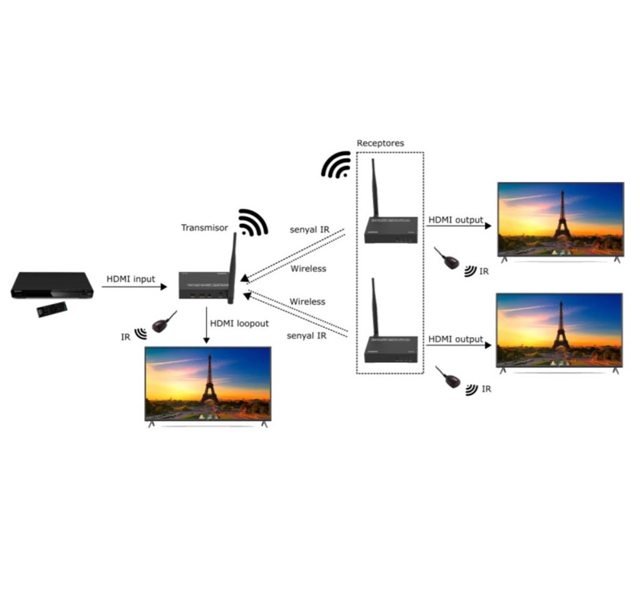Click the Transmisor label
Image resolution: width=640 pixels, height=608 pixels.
tap(204, 228)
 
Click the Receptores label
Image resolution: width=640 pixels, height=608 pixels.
tap(381, 143)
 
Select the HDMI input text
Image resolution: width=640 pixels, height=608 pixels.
tap(131, 279)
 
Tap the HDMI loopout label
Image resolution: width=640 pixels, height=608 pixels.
tap(239, 323)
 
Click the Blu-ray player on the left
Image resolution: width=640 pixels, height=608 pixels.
tap(52, 285)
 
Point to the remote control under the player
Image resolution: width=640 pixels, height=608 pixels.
tap(52, 309)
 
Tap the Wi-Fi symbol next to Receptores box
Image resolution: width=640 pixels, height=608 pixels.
tap(336, 165)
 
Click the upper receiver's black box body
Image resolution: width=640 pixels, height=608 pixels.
tap(391, 230)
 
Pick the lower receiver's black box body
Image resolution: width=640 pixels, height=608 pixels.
tap(391, 350)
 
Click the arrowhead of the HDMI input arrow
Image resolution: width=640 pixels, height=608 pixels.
tap(164, 287)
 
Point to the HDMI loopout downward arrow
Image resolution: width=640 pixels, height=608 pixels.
tap(206, 325)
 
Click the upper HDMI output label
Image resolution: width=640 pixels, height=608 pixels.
tap(456, 220)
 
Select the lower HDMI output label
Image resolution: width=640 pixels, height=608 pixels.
tap(456, 339)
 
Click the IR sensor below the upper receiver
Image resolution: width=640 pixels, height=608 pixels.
tap(447, 258)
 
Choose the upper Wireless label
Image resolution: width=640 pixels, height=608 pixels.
tap(308, 268)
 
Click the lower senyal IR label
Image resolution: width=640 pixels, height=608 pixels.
tap(306, 336)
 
